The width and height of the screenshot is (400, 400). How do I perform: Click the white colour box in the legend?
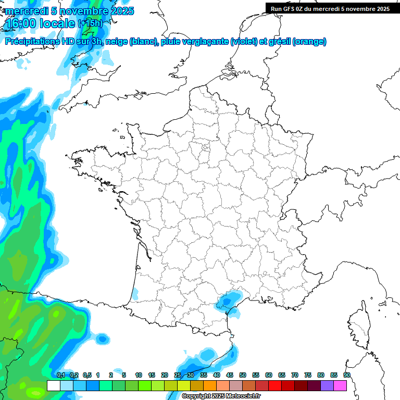point(53,385)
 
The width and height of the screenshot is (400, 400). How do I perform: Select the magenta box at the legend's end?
point(340,385)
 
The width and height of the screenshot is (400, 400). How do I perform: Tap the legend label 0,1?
point(60,375)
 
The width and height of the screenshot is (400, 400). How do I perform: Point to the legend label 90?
point(347,375)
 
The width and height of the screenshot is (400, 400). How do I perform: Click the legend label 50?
point(243,375)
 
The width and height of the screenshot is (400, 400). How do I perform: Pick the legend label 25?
point(178,375)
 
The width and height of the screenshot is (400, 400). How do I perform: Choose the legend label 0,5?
point(87,375)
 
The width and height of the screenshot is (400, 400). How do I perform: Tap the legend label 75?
point(308,375)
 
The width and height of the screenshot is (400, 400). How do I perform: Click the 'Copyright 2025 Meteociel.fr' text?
point(221,396)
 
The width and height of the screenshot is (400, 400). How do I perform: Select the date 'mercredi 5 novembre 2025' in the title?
point(69,11)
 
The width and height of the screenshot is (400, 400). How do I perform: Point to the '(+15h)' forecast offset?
point(90,23)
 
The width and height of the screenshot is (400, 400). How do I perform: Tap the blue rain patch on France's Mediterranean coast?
point(227,301)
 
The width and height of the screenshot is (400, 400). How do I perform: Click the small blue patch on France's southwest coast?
point(135,293)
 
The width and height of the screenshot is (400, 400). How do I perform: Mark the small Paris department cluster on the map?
point(205,149)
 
